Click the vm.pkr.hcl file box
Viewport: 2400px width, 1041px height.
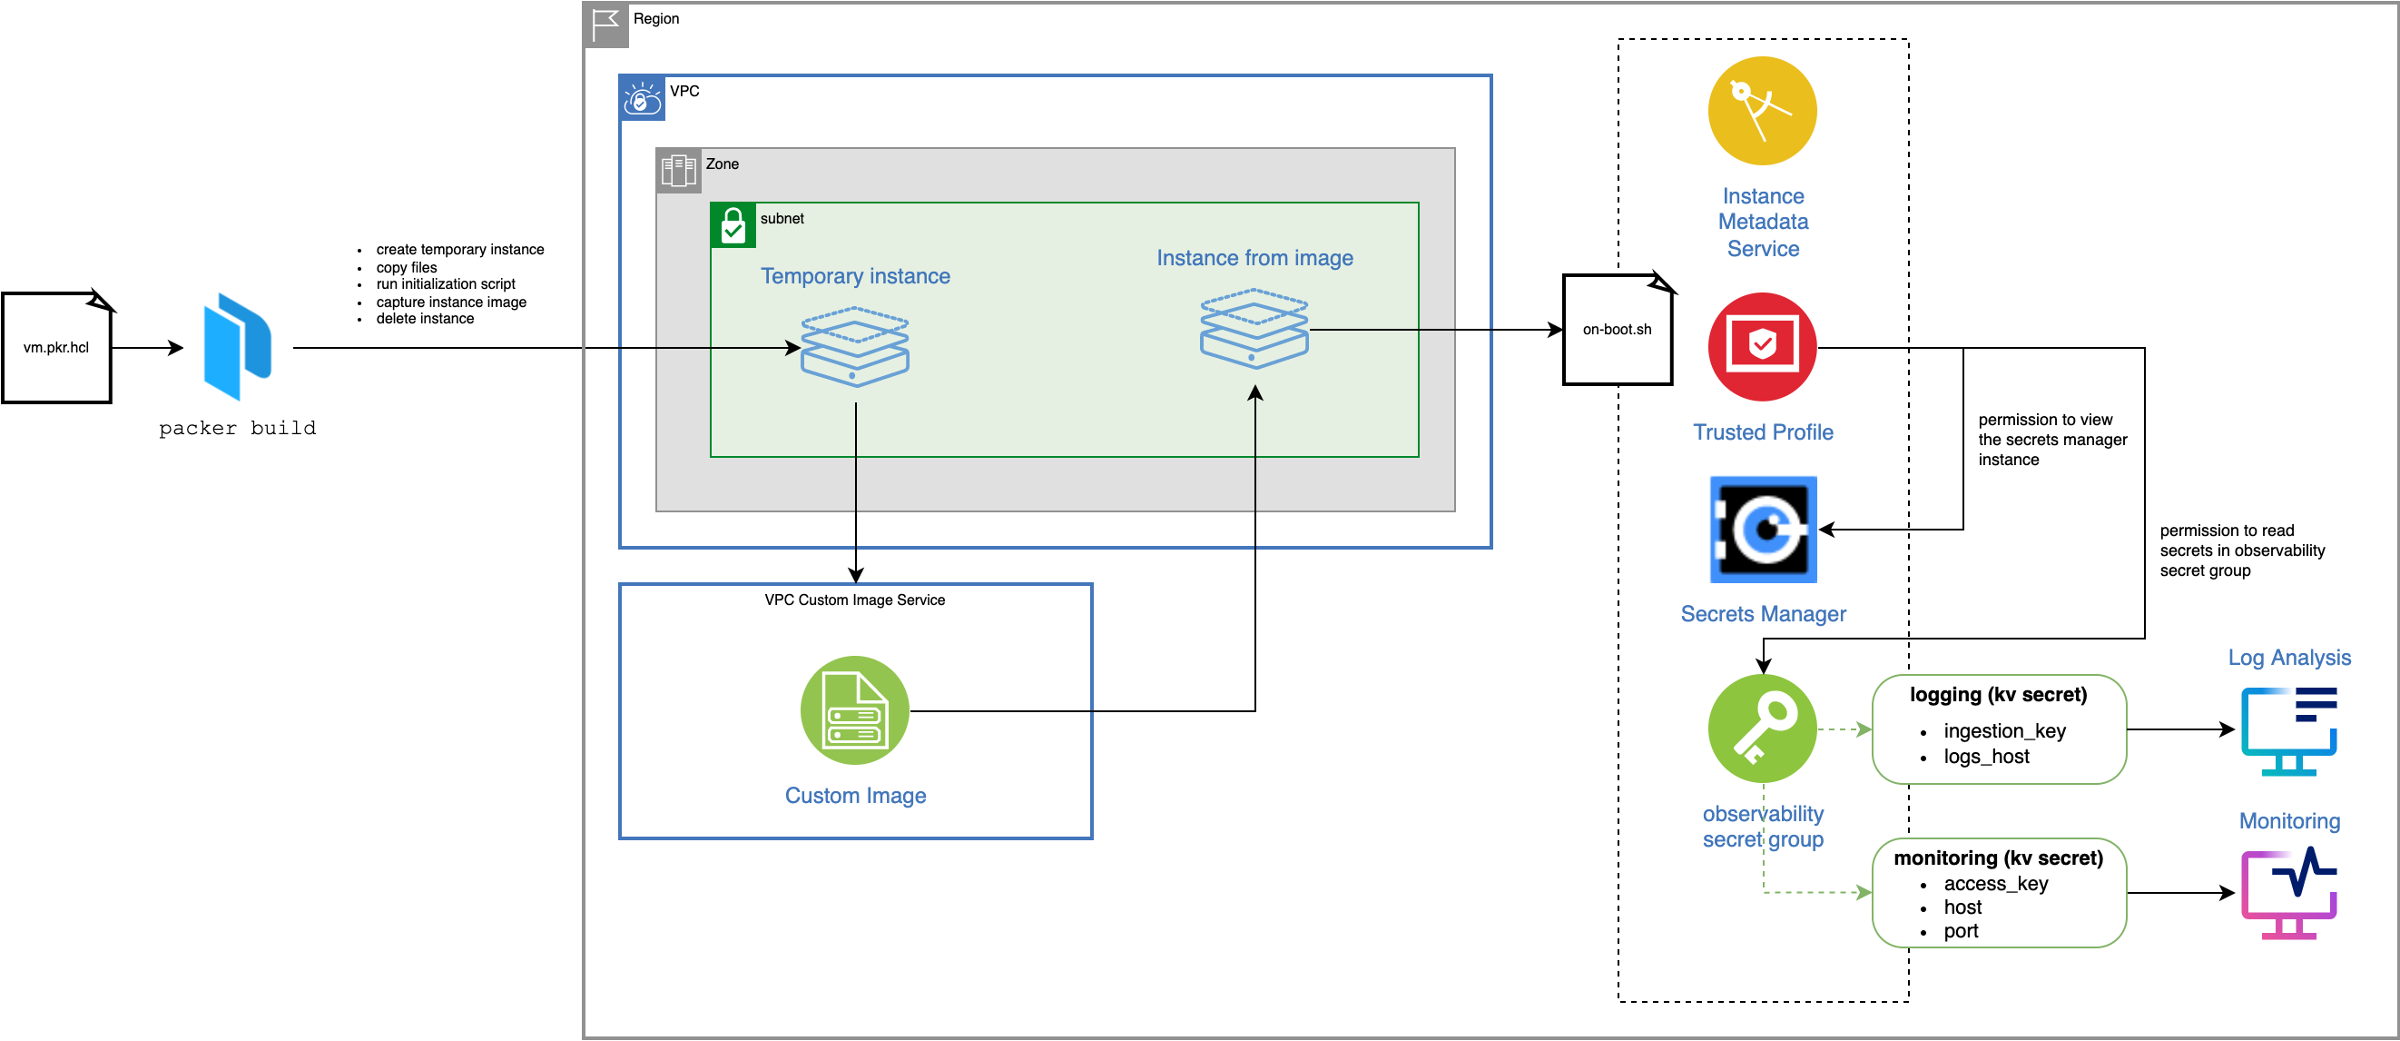click(x=57, y=348)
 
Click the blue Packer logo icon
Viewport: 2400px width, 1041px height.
click(x=238, y=347)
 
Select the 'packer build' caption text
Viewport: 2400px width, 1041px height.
click(x=237, y=428)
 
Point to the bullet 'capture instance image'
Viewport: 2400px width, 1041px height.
click(x=451, y=302)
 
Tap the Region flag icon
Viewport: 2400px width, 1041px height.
click(x=605, y=23)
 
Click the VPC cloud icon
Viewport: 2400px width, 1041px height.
click(x=642, y=98)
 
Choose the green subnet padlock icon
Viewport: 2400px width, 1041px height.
click(x=733, y=225)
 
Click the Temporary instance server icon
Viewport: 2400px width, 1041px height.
click(x=854, y=348)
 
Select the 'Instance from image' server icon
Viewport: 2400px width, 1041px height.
click(x=1254, y=329)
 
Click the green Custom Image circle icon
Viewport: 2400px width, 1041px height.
click(x=854, y=711)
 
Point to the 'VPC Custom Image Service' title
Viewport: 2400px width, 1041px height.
click(x=854, y=600)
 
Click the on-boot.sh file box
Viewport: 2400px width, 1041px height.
click(x=1617, y=329)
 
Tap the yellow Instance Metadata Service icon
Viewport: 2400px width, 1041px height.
click(x=1762, y=111)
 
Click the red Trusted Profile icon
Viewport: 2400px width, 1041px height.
click(x=1762, y=347)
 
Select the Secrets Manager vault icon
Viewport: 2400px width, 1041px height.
click(x=1763, y=530)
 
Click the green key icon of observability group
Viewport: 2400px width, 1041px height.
click(x=1762, y=729)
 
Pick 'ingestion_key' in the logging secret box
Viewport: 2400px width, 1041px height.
click(x=2004, y=730)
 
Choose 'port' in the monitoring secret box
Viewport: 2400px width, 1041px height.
click(x=1961, y=931)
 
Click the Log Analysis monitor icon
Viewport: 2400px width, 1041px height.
click(x=2289, y=731)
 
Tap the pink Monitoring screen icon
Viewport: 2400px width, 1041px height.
click(x=2289, y=894)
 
